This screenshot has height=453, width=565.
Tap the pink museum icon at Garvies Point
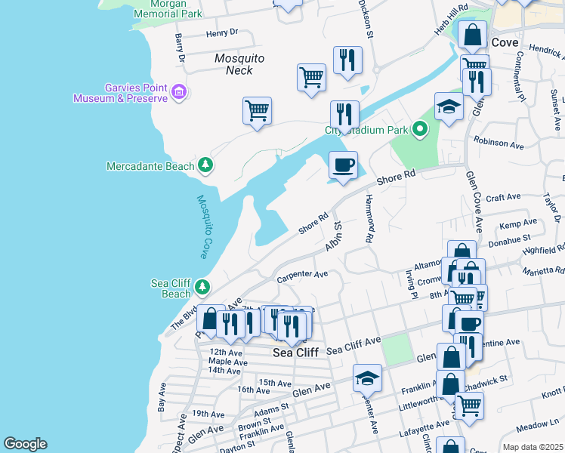pos(179,93)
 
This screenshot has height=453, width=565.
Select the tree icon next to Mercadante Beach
pos(205,165)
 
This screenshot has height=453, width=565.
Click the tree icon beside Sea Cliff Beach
pos(202,287)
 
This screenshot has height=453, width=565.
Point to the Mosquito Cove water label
pos(204,226)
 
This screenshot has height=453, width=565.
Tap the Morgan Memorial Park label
pos(167,9)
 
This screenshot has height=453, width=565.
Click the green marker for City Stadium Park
pos(420,130)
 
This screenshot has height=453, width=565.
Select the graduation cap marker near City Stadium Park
pos(449,107)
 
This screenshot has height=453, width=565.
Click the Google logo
pos(25,444)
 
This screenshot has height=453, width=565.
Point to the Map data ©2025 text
pos(533,447)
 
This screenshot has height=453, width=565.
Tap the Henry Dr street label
pos(221,33)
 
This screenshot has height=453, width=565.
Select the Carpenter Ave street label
pos(302,275)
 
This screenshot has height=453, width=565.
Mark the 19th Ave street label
pos(204,414)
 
